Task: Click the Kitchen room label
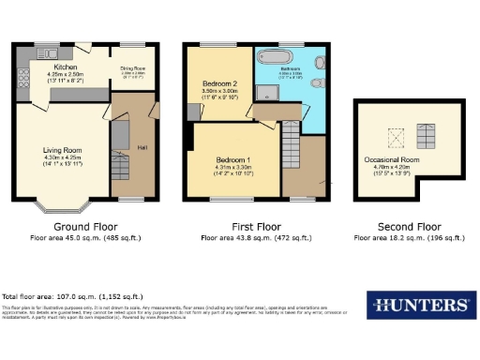coord(65,67)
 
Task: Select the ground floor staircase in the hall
coord(120,167)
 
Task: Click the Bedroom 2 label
coord(221,83)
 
